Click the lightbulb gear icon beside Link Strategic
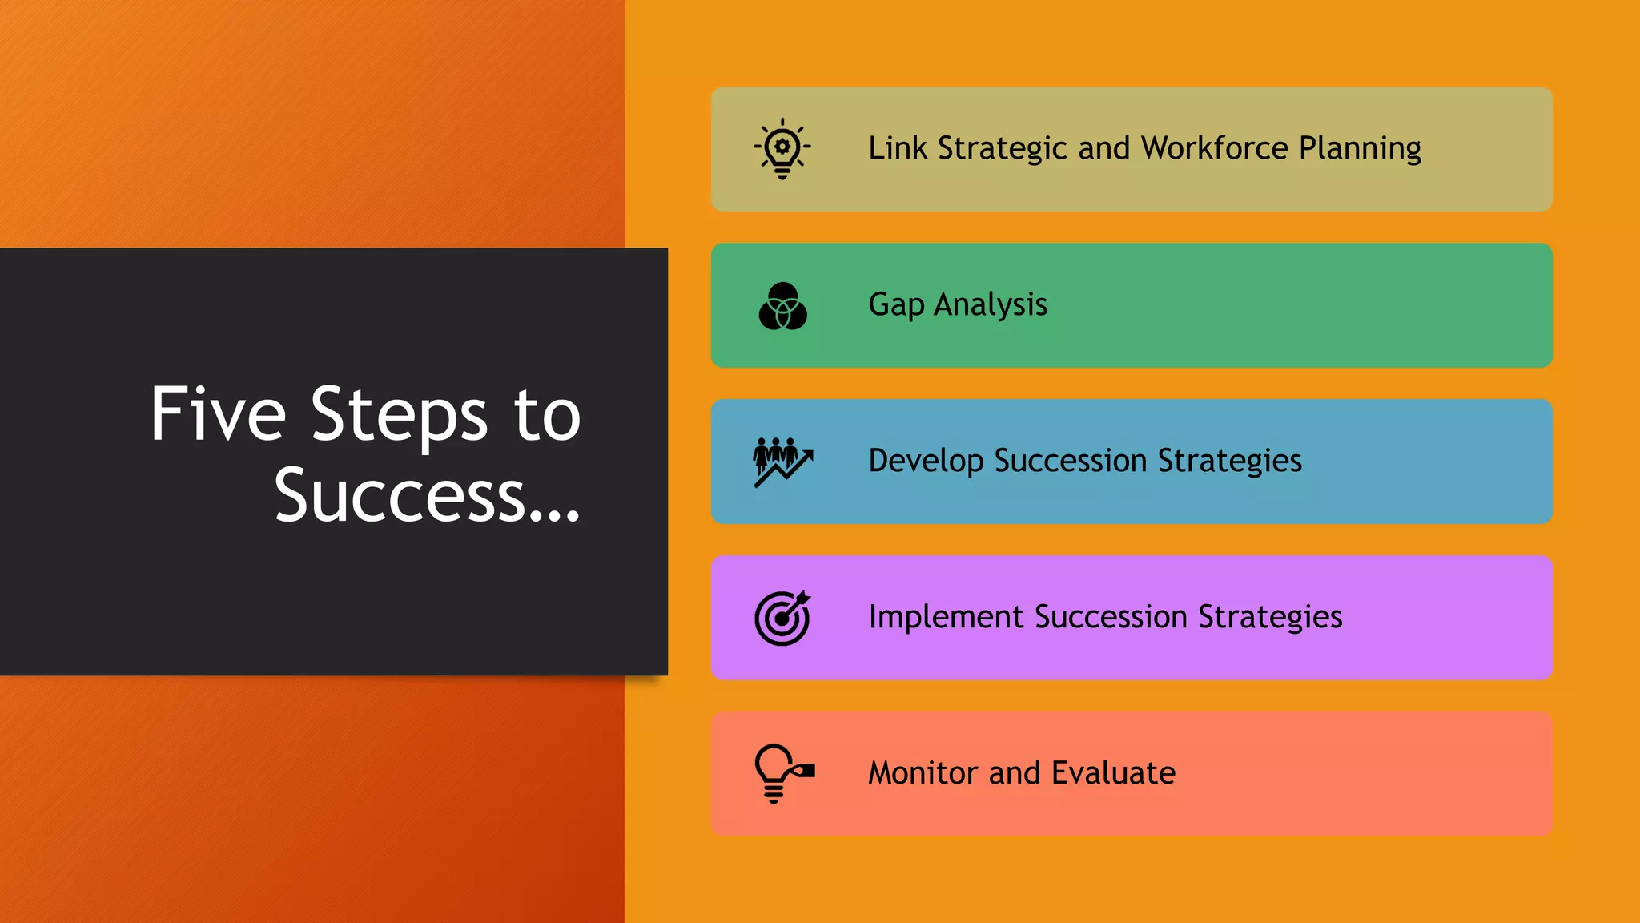tap(782, 149)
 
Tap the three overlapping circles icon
tap(782, 306)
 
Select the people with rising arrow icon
tap(782, 461)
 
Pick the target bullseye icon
tap(782, 618)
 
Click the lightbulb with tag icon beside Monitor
tap(782, 773)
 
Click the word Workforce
tap(1215, 148)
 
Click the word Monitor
tap(923, 773)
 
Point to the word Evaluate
tap(1113, 773)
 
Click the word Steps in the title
tap(399, 415)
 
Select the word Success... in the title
tap(427, 496)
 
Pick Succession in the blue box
tap(1071, 461)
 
